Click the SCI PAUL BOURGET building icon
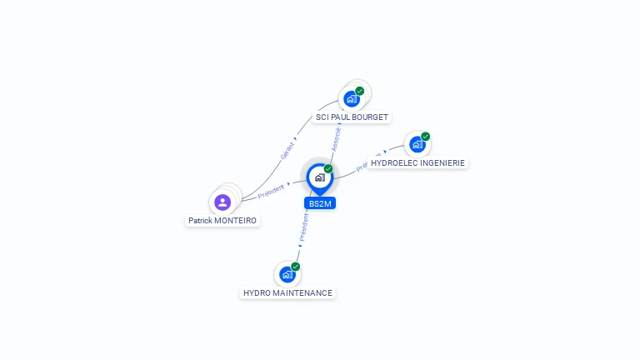[x=352, y=98]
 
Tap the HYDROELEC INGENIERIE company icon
[x=417, y=143]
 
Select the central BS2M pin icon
[x=319, y=177]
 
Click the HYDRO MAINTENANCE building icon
[x=287, y=274]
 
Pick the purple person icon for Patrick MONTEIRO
[x=222, y=202]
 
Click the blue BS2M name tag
[x=320, y=203]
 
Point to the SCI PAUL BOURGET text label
[x=352, y=117]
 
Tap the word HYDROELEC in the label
[x=391, y=163]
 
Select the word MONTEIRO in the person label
[x=235, y=221]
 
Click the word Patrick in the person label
[x=200, y=221]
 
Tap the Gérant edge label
[x=287, y=150]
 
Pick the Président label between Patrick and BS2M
[x=272, y=190]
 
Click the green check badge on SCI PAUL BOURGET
[x=360, y=91]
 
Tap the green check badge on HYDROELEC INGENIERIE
[x=426, y=136]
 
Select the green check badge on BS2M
[x=328, y=169]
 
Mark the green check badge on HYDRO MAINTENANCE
[x=296, y=267]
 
